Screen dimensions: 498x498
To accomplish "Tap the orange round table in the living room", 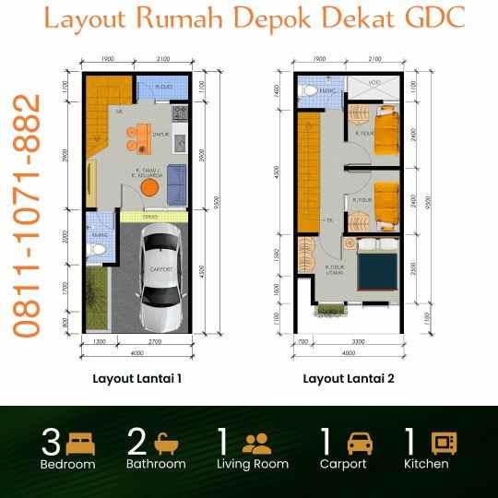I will pos(148,188).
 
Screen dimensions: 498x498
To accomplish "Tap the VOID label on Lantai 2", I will pos(374,83).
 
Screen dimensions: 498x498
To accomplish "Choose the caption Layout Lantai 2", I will pos(349,378).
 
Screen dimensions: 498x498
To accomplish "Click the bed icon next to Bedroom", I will pos(79,440).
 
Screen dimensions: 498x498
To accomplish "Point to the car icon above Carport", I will pos(360,441).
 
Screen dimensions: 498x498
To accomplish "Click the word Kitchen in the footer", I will pos(426,464).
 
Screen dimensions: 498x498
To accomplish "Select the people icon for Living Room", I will pos(259,441).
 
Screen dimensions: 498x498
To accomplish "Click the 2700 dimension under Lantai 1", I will pos(154,342).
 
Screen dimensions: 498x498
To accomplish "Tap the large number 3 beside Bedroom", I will pos(52,441).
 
